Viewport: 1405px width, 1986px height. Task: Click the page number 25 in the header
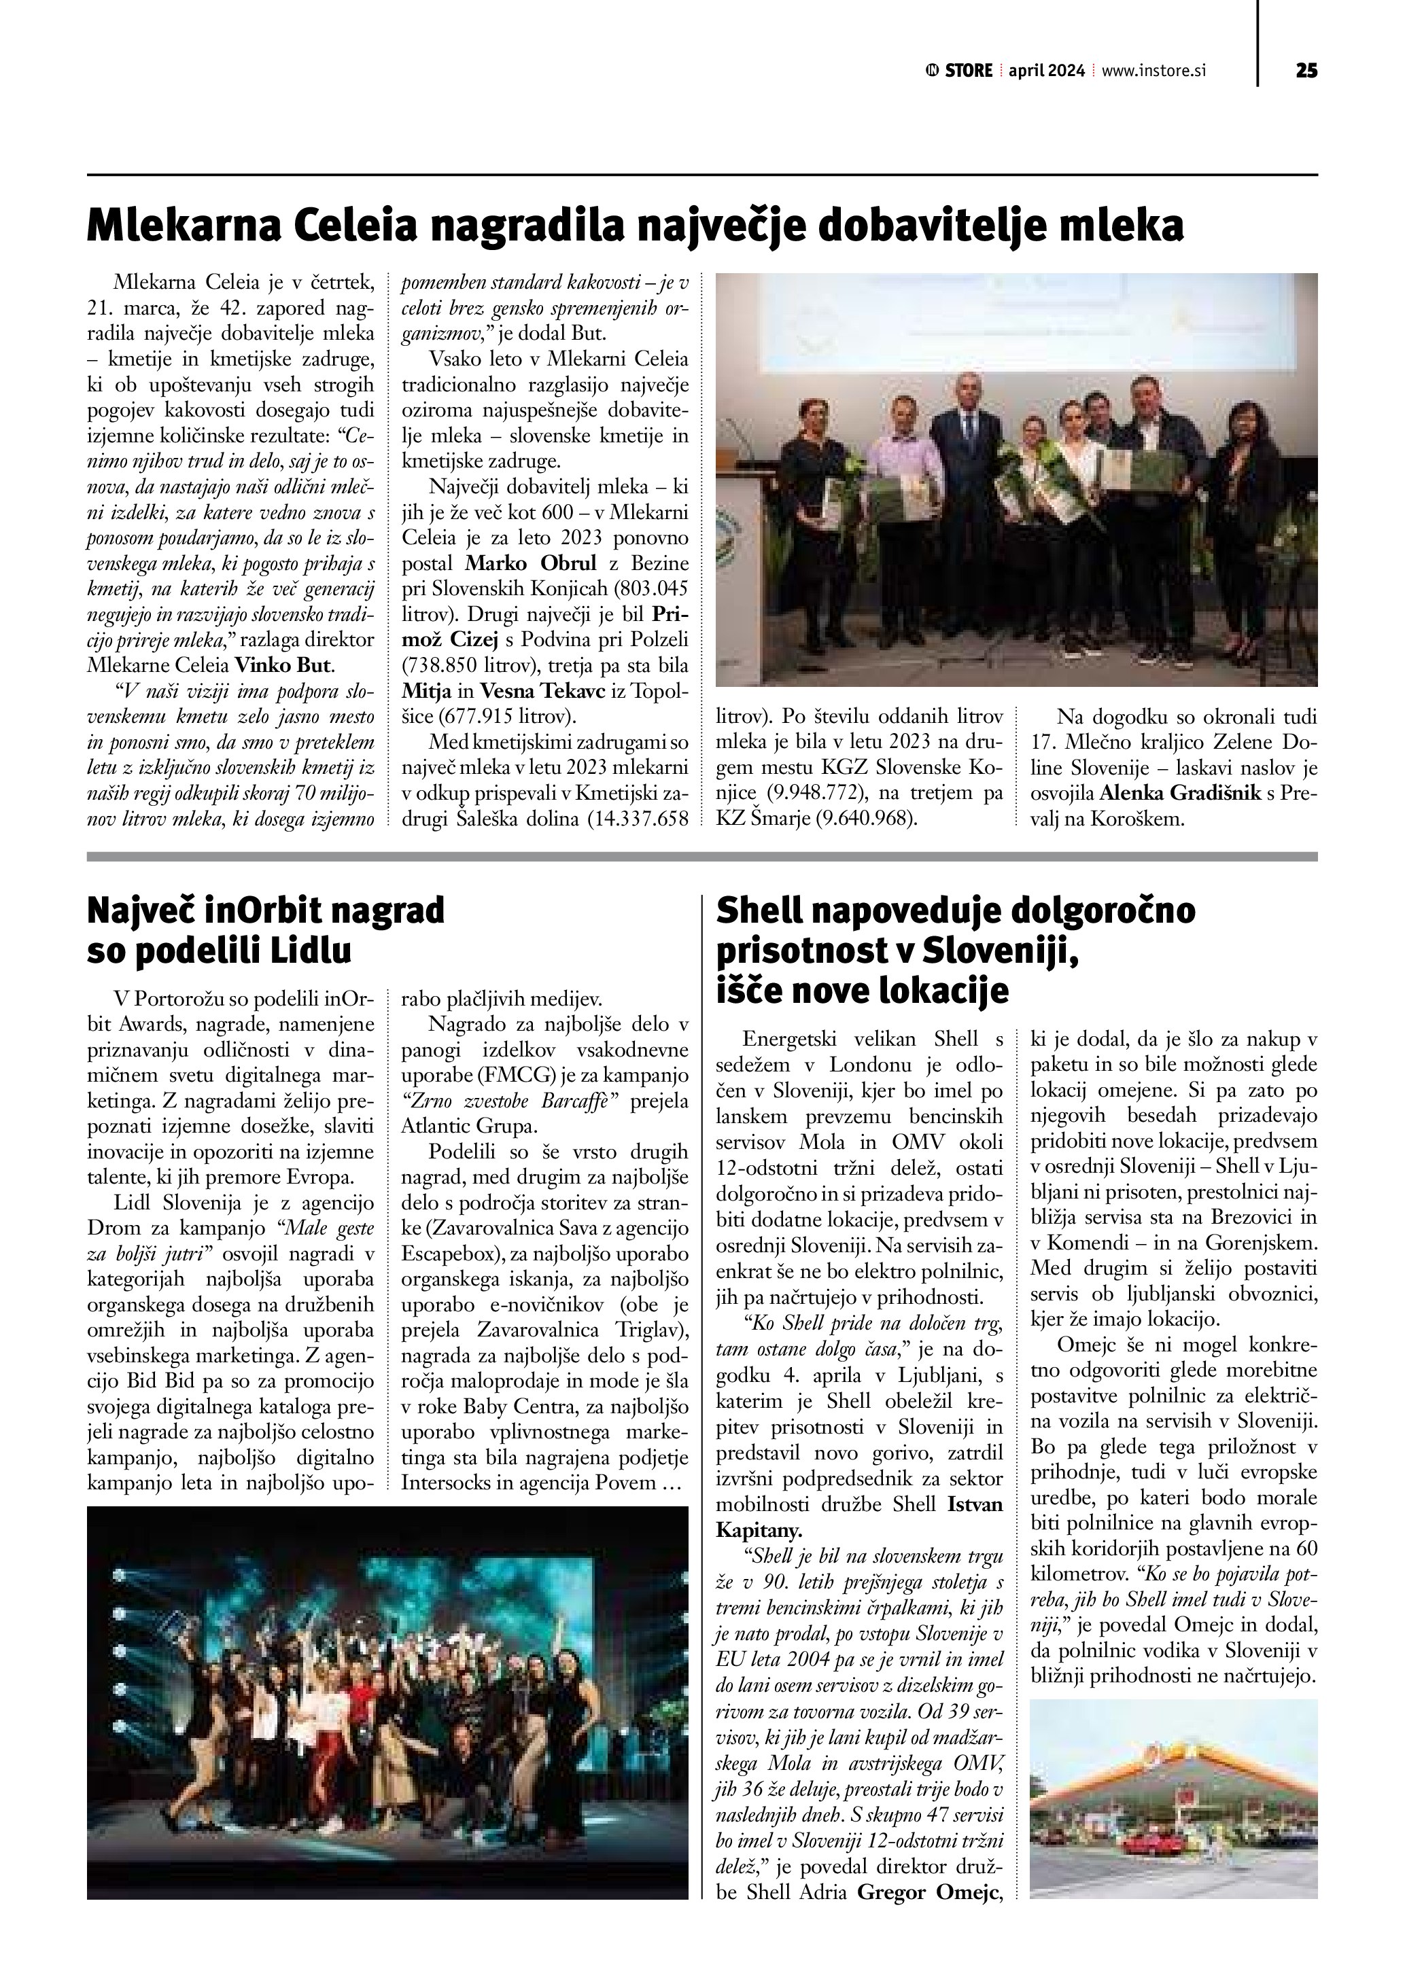coord(1306,71)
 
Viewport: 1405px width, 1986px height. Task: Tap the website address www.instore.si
coord(1154,71)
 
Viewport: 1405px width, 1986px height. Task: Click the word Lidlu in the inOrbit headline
coord(312,951)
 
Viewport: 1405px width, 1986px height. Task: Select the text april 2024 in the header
coord(1046,71)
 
